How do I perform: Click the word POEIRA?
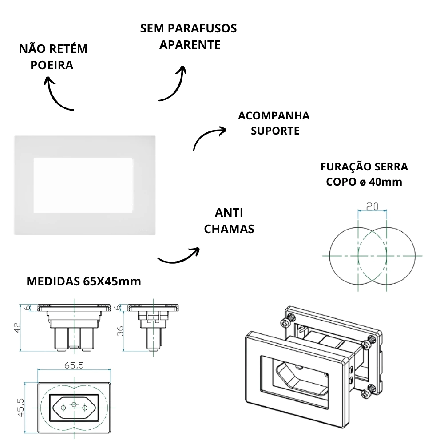(x=52, y=65)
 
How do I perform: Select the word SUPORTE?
(x=275, y=131)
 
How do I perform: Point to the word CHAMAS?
(x=230, y=229)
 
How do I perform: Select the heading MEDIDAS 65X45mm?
(x=84, y=281)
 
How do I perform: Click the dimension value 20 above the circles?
(x=372, y=206)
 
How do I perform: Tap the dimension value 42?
(x=17, y=328)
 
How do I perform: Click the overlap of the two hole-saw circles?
(x=372, y=256)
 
